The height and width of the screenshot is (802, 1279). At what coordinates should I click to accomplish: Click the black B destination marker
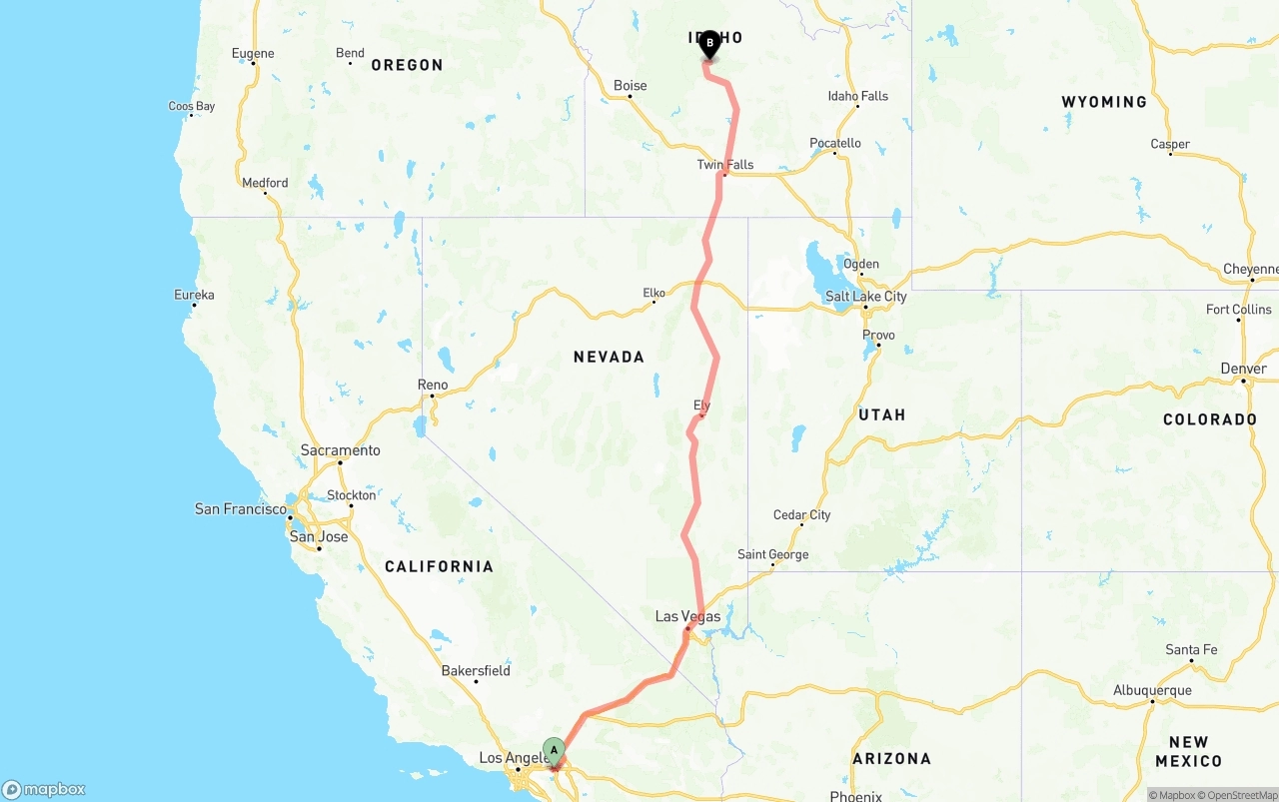[709, 44]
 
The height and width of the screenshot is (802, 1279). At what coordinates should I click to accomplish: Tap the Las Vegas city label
[687, 616]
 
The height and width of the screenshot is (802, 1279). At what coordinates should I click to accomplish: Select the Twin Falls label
[725, 165]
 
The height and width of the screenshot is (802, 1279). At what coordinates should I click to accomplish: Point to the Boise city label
[630, 86]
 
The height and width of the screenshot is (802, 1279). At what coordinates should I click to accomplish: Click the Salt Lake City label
[865, 296]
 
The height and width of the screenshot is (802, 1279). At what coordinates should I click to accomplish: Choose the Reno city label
[433, 385]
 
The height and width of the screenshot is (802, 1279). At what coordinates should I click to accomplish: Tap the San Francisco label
[241, 509]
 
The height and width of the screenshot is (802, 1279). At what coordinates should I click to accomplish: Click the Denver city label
[1243, 369]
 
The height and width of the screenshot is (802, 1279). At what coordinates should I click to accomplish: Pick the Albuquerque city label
[1152, 690]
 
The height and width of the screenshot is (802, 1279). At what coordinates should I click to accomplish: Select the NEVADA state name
[609, 357]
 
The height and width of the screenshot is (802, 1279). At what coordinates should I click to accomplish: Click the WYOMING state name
[1104, 102]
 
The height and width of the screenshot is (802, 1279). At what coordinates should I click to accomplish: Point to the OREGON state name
[407, 65]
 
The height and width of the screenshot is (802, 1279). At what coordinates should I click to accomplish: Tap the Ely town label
[701, 405]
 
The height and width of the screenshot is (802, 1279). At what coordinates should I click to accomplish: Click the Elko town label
[653, 293]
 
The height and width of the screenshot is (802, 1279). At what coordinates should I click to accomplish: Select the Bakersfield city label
[476, 670]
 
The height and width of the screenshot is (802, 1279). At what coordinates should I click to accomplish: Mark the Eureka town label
[194, 295]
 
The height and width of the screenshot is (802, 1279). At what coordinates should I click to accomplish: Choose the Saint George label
[772, 554]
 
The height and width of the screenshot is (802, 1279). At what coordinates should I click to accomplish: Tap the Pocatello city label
[834, 143]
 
